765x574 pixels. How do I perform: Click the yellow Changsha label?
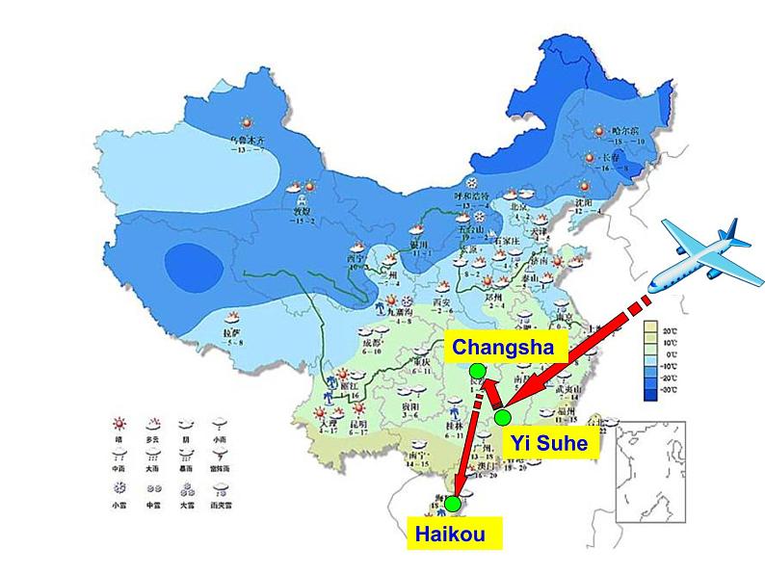pyautogui.click(x=503, y=347)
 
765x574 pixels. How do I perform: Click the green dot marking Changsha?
pyautogui.click(x=477, y=371)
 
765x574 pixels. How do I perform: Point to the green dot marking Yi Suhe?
pyautogui.click(x=503, y=417)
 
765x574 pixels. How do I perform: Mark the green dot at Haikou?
pyautogui.click(x=452, y=503)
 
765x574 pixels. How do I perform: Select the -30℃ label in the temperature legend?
pyautogui.click(x=669, y=390)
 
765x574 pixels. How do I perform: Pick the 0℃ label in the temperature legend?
pyautogui.click(x=669, y=354)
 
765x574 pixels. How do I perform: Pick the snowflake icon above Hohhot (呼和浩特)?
pyautogui.click(x=473, y=182)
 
